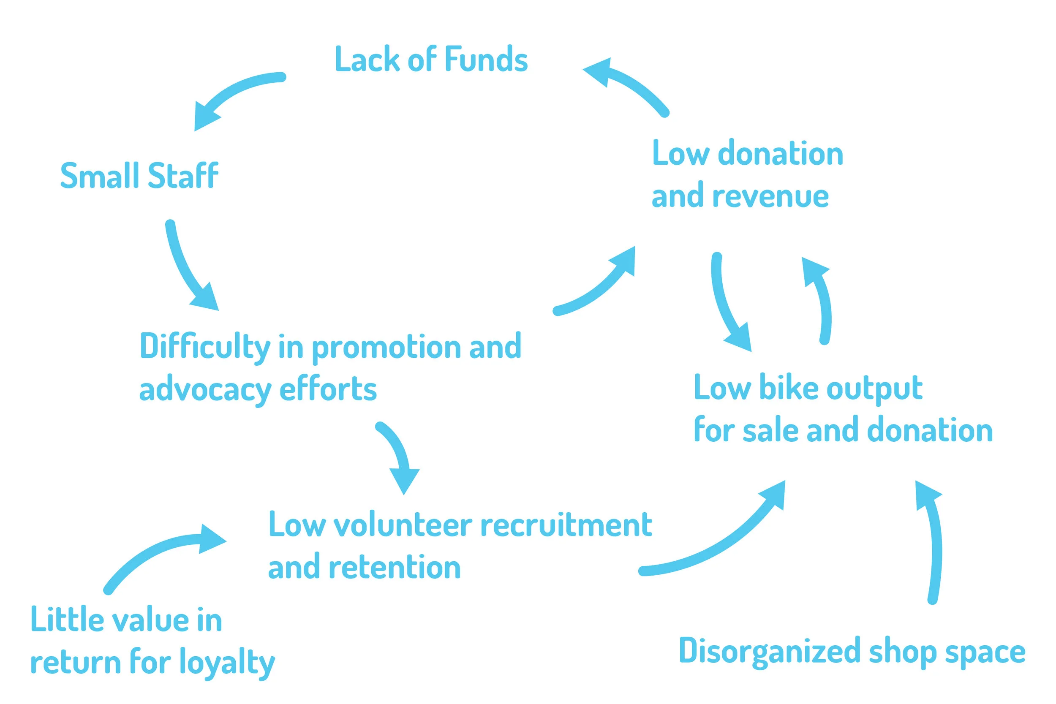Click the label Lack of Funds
(431, 59)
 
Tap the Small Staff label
(139, 176)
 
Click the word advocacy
(205, 390)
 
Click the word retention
(395, 567)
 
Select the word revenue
(770, 196)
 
